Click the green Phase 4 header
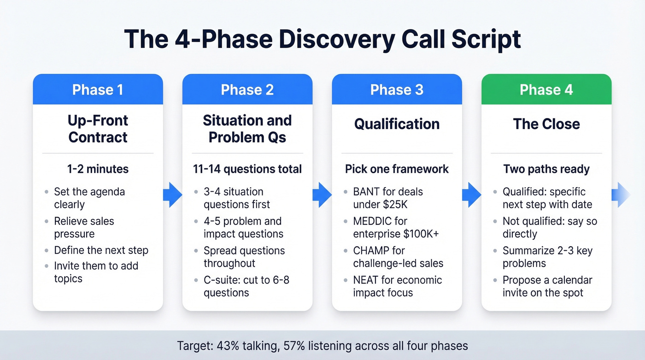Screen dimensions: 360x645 point(546,89)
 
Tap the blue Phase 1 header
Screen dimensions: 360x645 point(98,89)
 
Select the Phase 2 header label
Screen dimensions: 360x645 point(247,89)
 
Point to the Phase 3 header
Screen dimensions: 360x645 point(397,89)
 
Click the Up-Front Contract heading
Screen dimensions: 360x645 point(98,129)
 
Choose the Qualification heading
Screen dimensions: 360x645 point(397,124)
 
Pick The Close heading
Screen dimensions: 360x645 point(546,124)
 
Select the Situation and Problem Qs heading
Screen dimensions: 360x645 point(247,129)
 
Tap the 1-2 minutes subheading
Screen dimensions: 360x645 point(98,169)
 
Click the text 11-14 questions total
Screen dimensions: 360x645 point(247,169)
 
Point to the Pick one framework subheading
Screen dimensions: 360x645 point(397,169)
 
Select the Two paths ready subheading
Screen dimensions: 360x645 point(546,169)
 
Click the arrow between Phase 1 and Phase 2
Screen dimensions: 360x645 point(172,194)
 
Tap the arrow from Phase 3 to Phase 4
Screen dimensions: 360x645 point(471,194)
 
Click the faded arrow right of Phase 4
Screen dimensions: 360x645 point(621,194)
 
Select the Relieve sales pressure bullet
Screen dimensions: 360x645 point(84,227)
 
